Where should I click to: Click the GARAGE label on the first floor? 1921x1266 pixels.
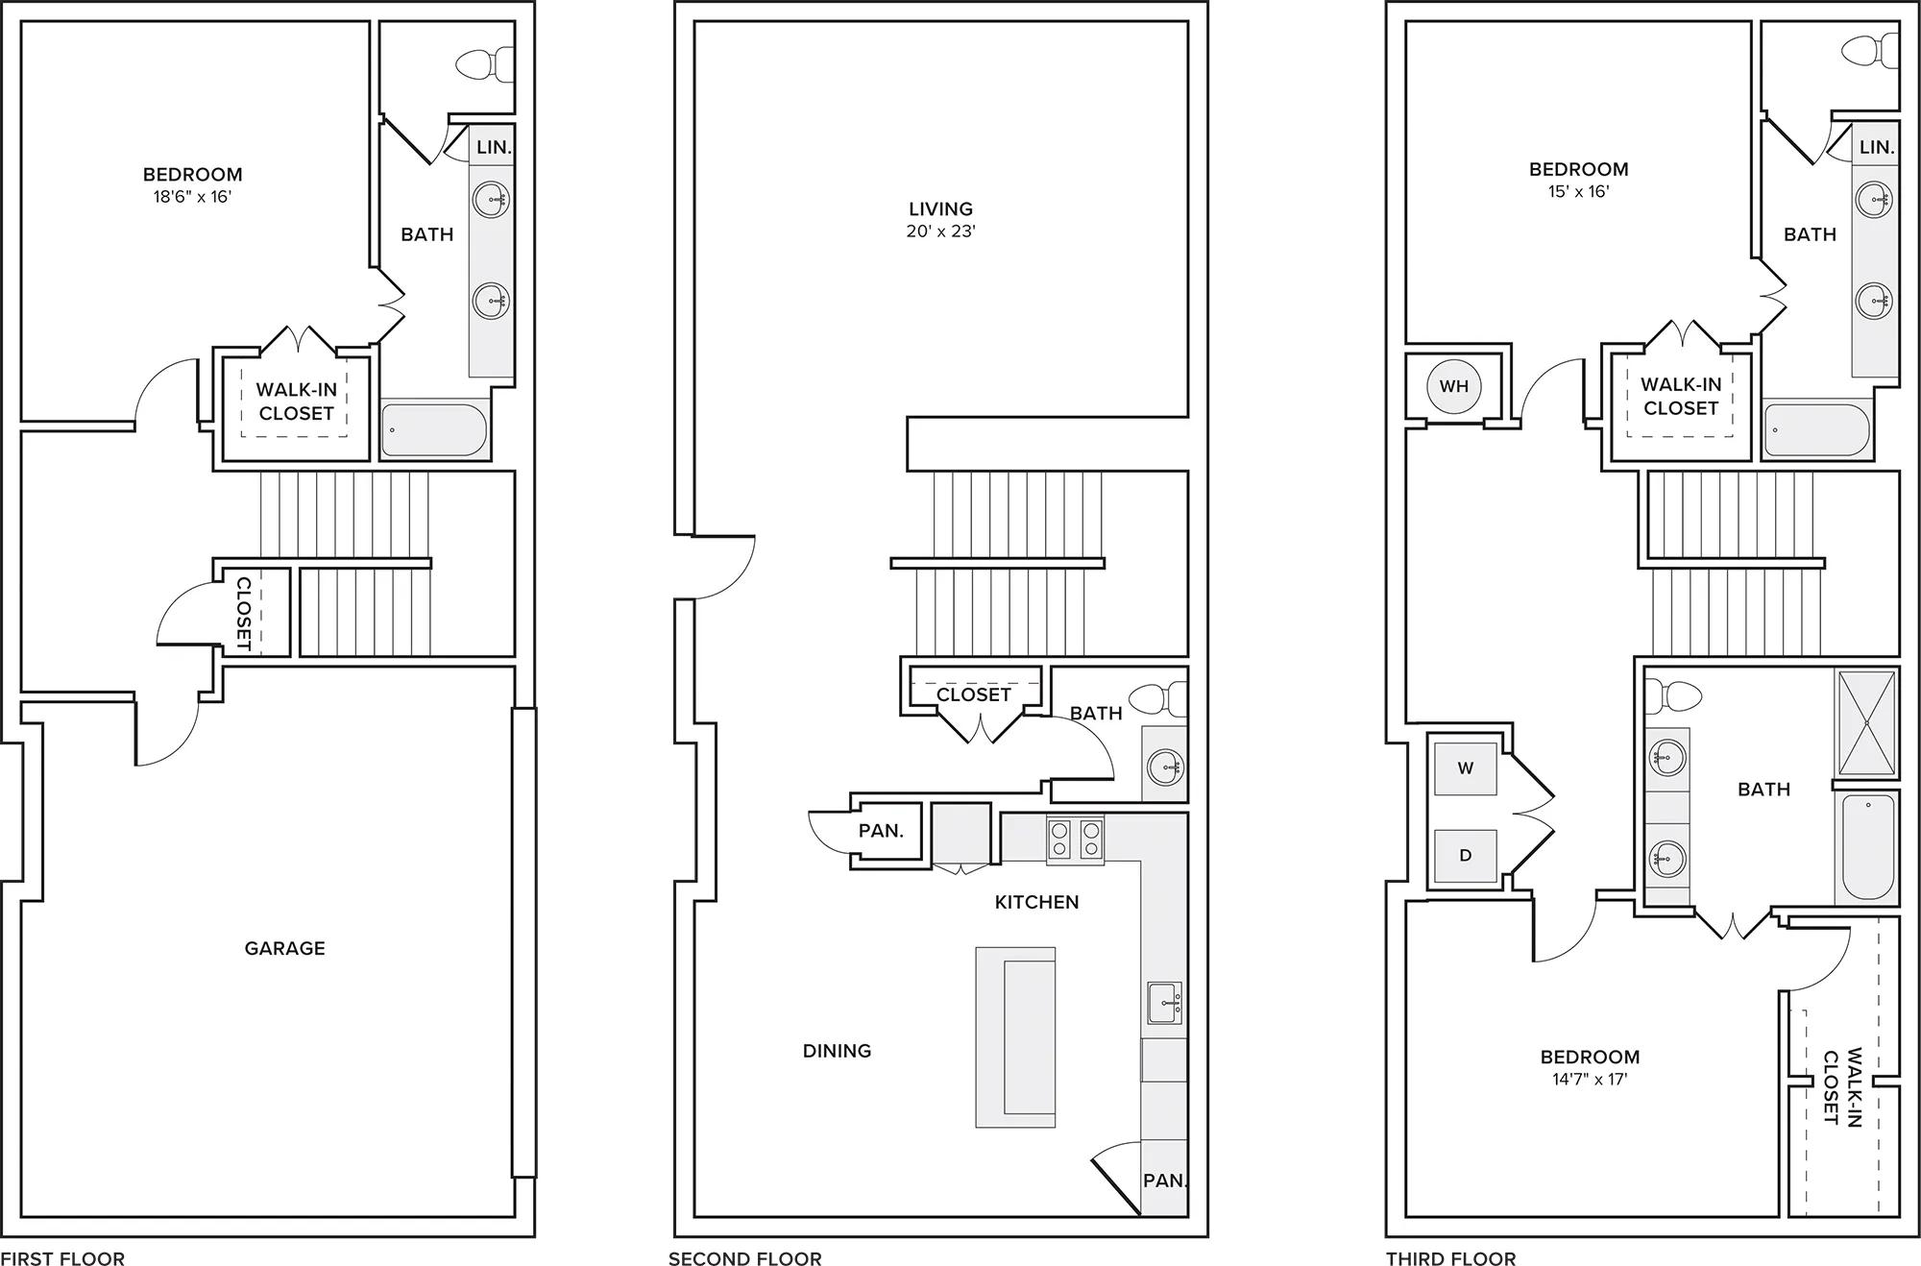[x=284, y=948]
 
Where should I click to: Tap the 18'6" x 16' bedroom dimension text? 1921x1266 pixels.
[x=192, y=197]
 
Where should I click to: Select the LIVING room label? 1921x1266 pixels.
[x=940, y=208]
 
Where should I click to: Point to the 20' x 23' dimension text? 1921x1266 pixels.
[x=940, y=231]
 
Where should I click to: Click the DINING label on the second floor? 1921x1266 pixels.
[x=837, y=1051]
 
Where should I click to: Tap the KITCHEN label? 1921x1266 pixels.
[x=1036, y=902]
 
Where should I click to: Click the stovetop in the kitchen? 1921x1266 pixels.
[x=1075, y=839]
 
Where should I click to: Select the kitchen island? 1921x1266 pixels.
[x=1015, y=1036]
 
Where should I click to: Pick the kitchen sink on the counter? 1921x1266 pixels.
[x=1164, y=1003]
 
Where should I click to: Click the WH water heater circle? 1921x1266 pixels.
[x=1453, y=386]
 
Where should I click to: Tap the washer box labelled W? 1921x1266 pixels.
[x=1465, y=768]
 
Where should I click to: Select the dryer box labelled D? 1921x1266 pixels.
[x=1465, y=856]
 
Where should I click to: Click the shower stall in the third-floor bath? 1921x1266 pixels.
[x=1866, y=722]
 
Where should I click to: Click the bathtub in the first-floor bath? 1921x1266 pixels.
[x=434, y=430]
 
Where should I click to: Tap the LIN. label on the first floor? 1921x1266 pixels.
[x=494, y=147]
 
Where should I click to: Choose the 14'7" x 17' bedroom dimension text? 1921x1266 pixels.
[x=1590, y=1079]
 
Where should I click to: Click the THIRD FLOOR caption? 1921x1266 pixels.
[x=1450, y=1258]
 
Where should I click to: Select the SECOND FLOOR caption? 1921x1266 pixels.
[x=744, y=1258]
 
